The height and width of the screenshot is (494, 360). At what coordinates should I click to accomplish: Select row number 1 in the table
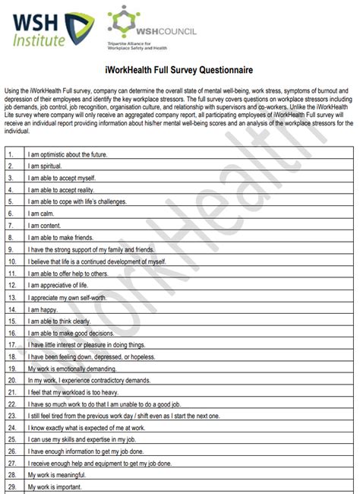tap(11, 154)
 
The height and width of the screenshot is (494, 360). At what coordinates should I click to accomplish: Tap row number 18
tap(11, 356)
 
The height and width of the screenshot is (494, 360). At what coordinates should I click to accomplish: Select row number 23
tap(11, 416)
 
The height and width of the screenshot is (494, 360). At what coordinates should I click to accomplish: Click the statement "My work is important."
tap(60, 487)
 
